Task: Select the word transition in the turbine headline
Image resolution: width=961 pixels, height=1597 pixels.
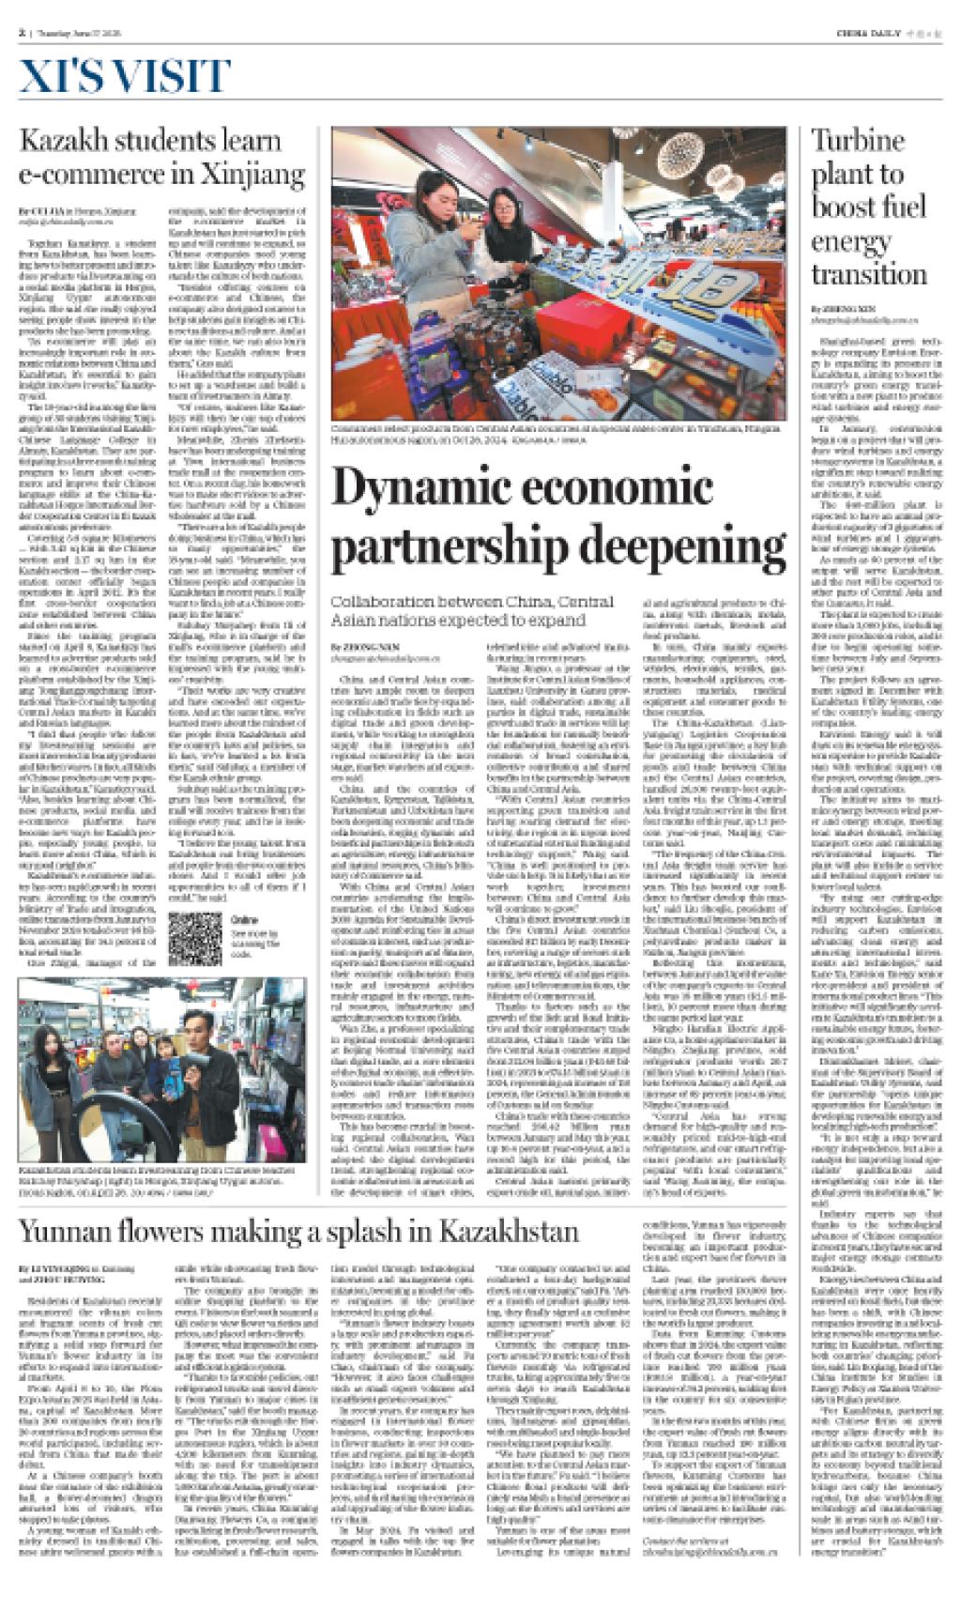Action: tap(856, 274)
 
